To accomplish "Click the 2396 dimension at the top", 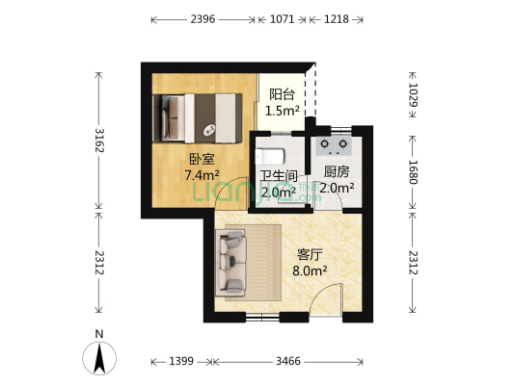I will coord(203,18).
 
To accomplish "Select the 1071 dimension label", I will coord(282,18).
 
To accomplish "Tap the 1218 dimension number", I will coord(337,18).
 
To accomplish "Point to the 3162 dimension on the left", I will coord(96,144).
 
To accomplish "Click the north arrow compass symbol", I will coord(99,355).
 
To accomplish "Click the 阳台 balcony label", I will coord(282,94).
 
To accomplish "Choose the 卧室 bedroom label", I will coord(202,160).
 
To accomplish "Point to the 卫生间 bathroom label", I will coord(278,176).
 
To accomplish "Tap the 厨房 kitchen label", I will coord(337,171).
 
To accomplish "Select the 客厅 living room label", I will coord(310,255).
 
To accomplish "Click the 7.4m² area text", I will coord(202,176).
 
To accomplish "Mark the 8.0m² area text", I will coord(310,271).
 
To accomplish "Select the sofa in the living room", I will coord(233,260).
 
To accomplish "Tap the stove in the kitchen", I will coord(336,145).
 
